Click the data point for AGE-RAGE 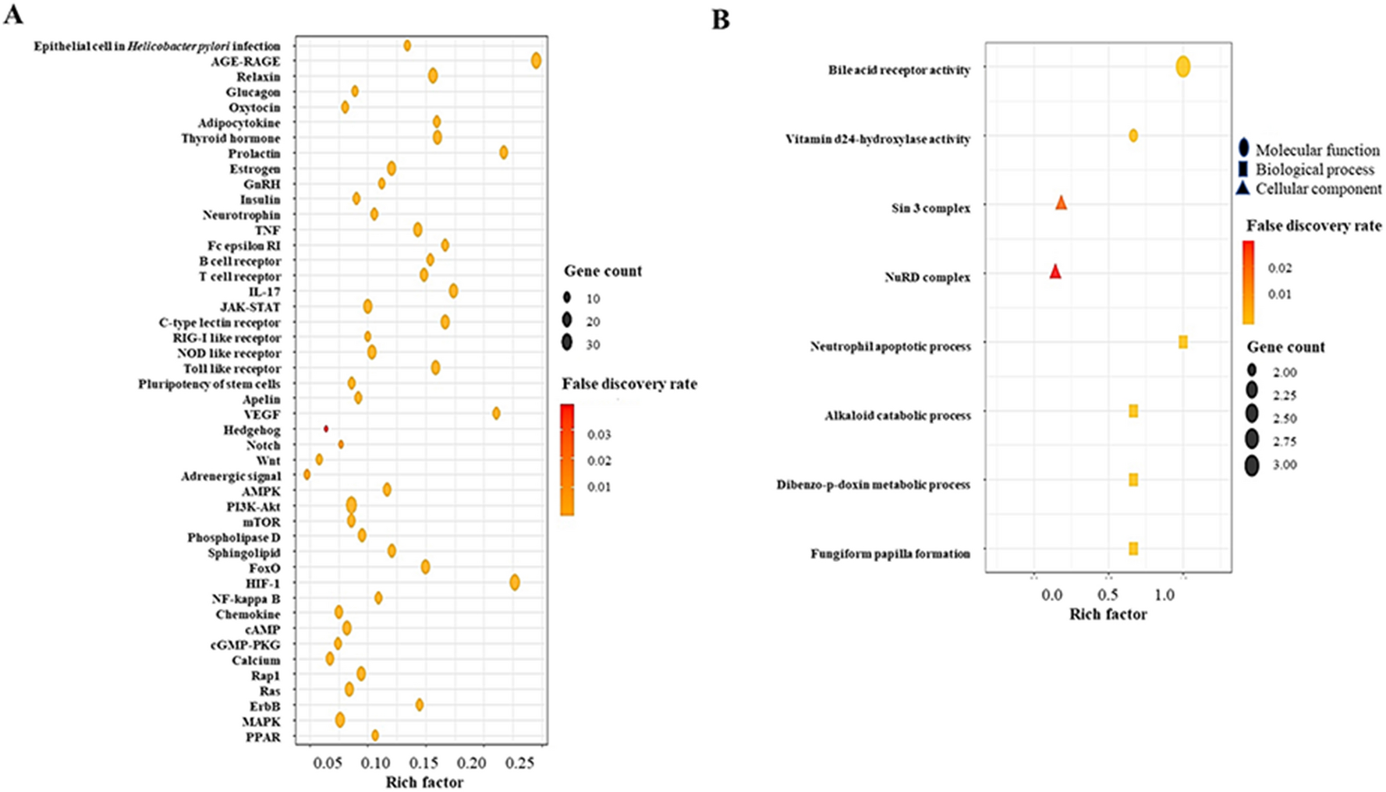click(x=536, y=61)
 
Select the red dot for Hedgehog click(x=326, y=429)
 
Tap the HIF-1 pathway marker click(x=515, y=582)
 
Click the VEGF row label click(x=261, y=415)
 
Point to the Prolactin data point click(x=504, y=153)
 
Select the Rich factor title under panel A click(x=424, y=782)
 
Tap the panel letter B click(x=721, y=20)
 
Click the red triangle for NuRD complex click(x=1055, y=272)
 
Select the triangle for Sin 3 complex click(x=1062, y=203)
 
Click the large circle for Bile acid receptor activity click(x=1183, y=67)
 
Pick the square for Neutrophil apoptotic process click(x=1183, y=342)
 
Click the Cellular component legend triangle click(x=1243, y=189)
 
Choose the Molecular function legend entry click(x=1317, y=150)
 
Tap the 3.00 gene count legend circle click(x=1253, y=466)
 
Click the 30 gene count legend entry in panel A click(x=567, y=342)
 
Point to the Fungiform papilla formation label click(x=890, y=554)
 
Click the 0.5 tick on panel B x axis click(x=1108, y=595)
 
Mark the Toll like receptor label click(x=232, y=369)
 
